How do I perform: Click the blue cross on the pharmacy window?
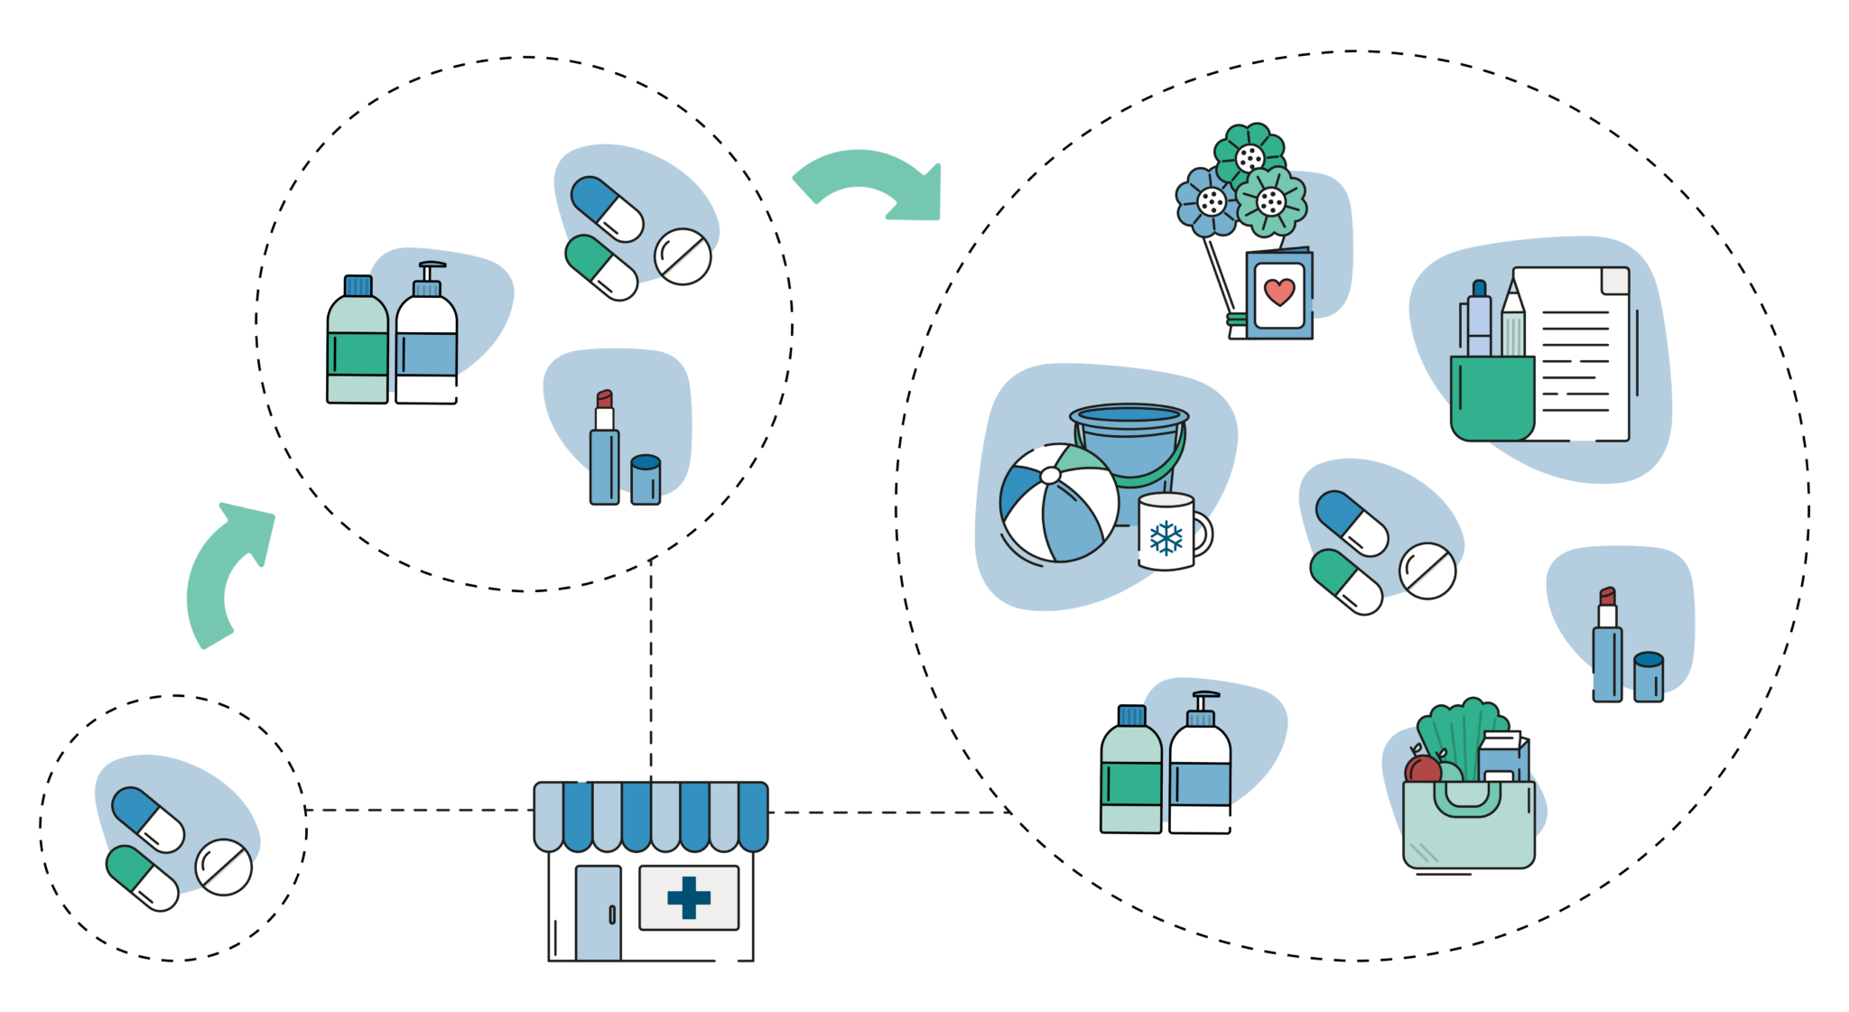(689, 897)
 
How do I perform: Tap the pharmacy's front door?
(598, 912)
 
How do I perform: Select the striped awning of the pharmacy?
(651, 815)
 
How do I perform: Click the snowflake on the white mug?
(1166, 538)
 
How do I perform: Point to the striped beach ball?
(1058, 504)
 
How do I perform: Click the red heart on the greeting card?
(1279, 292)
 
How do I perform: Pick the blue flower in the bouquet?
(1208, 201)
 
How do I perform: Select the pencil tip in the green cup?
(1511, 293)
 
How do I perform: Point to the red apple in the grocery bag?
(1422, 770)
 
